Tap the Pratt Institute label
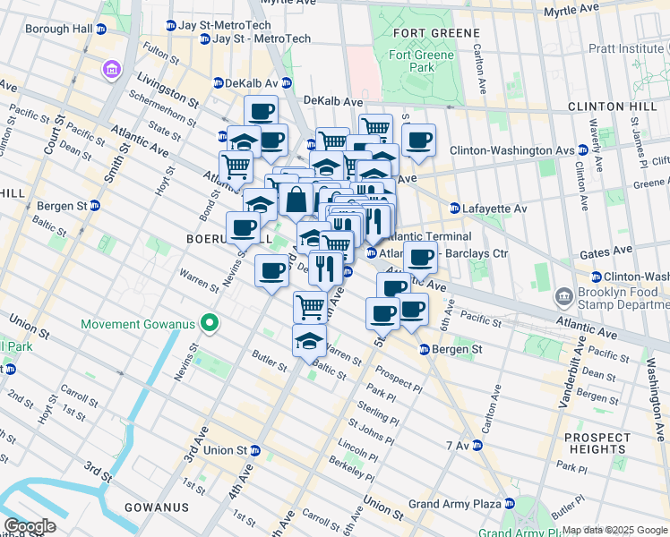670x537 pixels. click(628, 47)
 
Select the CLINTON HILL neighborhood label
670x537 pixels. click(606, 106)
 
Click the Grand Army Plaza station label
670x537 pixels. click(454, 504)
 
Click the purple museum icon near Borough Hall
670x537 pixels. click(112, 69)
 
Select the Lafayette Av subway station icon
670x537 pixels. click(455, 209)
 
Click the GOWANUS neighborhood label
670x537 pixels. click(158, 507)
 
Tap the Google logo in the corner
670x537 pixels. click(29, 526)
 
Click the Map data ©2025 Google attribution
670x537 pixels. click(614, 530)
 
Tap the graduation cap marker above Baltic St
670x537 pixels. click(309, 340)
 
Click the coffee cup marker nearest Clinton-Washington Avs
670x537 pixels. click(418, 140)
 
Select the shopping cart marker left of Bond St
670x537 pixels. click(236, 166)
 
